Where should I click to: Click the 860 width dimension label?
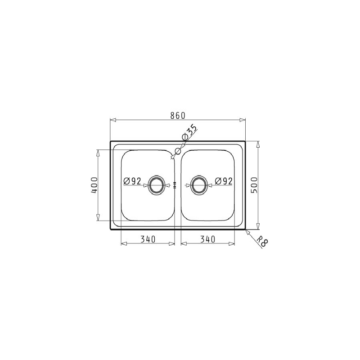(x=177, y=116)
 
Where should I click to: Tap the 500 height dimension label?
(x=254, y=185)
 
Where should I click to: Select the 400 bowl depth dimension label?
(x=94, y=185)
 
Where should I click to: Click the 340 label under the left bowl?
(x=148, y=239)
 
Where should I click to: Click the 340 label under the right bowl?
(x=208, y=239)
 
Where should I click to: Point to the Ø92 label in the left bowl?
(x=132, y=181)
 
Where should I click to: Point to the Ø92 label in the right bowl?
(x=224, y=181)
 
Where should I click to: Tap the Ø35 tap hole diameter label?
(x=189, y=132)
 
